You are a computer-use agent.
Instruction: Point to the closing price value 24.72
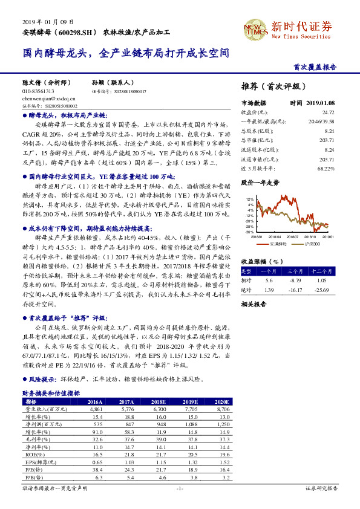327,112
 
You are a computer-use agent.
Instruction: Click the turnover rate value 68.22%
325,169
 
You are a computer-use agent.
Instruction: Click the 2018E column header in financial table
159,401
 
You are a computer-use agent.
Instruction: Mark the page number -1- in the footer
180,488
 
